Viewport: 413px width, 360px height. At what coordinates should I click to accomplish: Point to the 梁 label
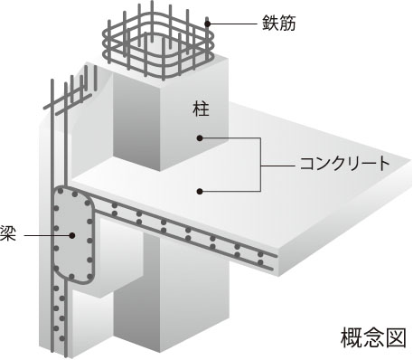coord(8,234)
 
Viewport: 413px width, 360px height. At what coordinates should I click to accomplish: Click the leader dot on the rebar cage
coord(208,22)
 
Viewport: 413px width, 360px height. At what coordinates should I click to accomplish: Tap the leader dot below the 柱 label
coord(199,138)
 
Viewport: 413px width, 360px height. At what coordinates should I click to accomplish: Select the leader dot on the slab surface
coord(200,190)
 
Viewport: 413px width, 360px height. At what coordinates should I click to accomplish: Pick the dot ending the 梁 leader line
coord(70,234)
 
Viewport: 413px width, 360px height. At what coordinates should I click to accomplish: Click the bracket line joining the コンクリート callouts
coord(262,165)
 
